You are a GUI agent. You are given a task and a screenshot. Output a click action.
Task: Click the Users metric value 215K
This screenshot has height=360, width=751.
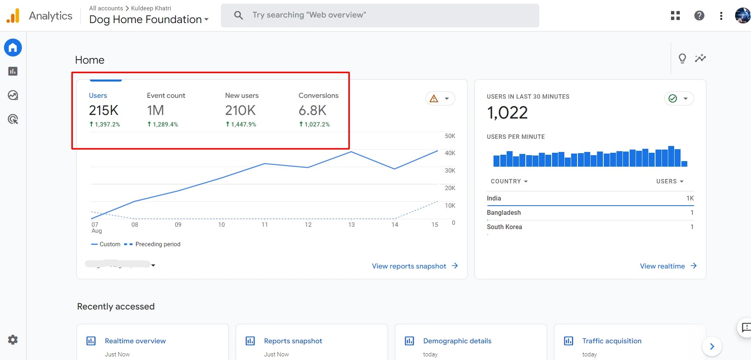pos(103,110)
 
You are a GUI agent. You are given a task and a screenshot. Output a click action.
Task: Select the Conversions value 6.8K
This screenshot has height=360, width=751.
pos(312,110)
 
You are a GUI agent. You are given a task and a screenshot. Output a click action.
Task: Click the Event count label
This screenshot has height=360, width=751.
pos(166,95)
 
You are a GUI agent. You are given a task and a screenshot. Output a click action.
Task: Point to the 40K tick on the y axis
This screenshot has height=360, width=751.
pos(450,153)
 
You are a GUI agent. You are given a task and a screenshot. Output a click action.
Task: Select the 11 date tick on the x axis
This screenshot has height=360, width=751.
pos(265,225)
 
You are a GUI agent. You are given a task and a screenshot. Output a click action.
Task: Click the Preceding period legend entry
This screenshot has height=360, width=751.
pos(157,244)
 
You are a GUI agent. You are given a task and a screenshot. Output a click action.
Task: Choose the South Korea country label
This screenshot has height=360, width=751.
pos(504,227)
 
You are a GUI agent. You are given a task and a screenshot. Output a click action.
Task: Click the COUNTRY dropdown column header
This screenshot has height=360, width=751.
pos(509,181)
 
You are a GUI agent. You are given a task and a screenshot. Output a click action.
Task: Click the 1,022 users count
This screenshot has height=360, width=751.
pos(507,113)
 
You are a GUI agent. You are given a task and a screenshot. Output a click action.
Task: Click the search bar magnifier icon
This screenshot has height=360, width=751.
pos(238,16)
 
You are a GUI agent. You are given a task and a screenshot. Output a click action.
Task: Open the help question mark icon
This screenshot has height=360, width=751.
pos(699,16)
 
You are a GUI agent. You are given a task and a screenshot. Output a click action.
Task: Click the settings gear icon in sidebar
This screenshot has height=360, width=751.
pos(13,340)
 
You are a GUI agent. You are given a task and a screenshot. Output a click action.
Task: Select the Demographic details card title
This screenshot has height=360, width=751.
pos(457,341)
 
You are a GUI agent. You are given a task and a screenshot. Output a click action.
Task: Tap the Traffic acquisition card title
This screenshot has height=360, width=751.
pos(612,341)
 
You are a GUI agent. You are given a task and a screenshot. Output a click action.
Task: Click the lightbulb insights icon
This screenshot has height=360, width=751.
pos(682,58)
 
